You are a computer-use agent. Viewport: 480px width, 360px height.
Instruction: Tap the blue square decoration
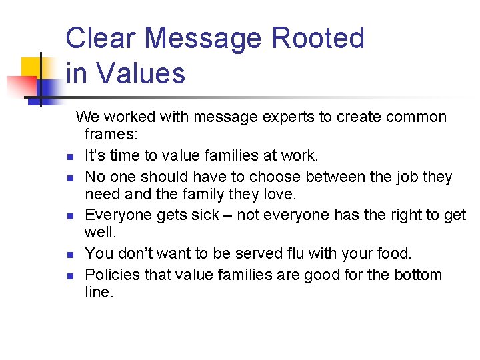tap(48, 89)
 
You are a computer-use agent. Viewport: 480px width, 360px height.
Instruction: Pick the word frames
tap(111, 135)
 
